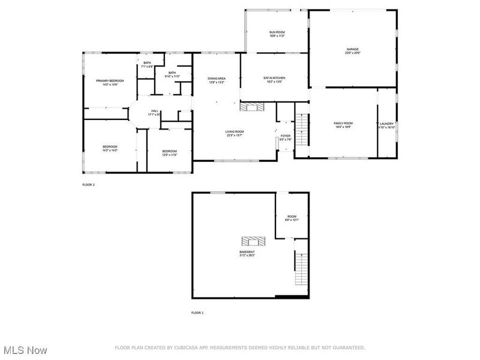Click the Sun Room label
[277, 34]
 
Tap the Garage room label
[352, 51]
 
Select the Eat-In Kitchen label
[274, 80]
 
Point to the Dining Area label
[216, 80]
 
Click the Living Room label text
[235, 133]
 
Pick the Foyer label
[286, 137]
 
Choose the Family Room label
[343, 125]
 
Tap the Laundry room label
[386, 125]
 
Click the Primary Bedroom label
[110, 82]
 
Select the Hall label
[155, 112]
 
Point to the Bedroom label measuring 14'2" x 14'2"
[109, 149]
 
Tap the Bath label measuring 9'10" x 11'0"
[172, 74]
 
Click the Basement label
[247, 254]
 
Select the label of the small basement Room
[292, 218]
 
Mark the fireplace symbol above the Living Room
[251, 107]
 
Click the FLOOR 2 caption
[88, 185]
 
